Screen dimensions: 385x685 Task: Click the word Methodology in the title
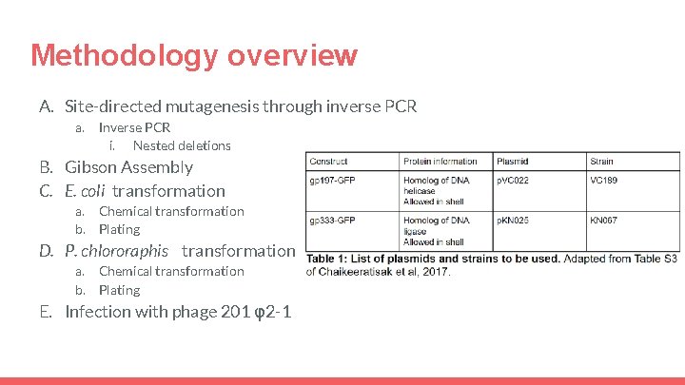[125, 55]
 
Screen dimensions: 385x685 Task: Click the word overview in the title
[292, 55]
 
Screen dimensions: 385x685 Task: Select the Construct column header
[328, 161]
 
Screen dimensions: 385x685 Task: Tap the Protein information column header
[440, 161]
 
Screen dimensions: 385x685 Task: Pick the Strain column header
[601, 161]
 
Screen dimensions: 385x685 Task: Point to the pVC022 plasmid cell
[514, 179]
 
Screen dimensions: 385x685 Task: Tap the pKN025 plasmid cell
[514, 221]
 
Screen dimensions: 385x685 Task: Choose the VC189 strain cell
[603, 179]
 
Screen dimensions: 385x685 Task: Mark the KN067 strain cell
[603, 221]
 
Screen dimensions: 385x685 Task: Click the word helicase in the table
[420, 190]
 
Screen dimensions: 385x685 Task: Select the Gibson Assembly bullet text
[128, 167]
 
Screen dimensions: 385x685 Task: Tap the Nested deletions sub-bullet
[182, 145]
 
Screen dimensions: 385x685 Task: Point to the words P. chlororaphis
[116, 251]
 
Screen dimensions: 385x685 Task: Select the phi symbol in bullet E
[252, 313]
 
